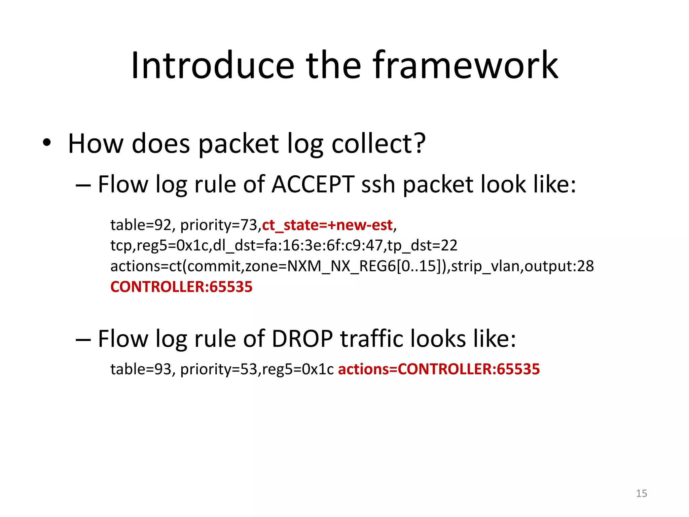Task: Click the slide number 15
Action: [x=641, y=493]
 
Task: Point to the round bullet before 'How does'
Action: [x=47, y=142]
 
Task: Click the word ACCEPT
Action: [x=313, y=184]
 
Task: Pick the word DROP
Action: [x=302, y=339]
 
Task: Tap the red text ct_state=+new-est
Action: [x=327, y=225]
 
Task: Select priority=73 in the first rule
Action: [x=219, y=225]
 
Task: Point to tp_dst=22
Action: [x=422, y=245]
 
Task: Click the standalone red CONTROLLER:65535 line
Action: [x=181, y=287]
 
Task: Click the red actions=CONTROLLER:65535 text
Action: [x=439, y=369]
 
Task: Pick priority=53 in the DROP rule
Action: [x=219, y=369]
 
